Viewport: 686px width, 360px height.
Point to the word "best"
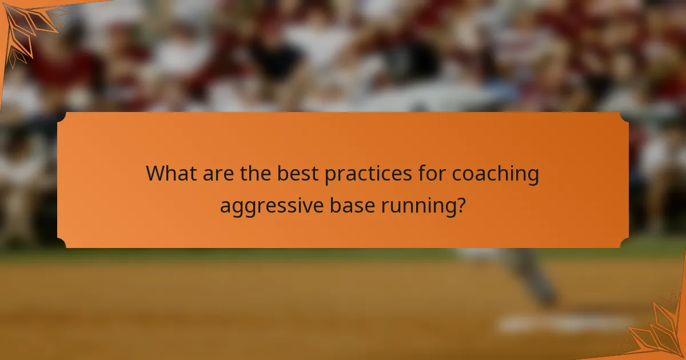pos(298,174)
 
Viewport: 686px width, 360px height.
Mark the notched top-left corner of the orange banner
pos(62,117)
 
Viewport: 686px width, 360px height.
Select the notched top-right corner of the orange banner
pos(624,117)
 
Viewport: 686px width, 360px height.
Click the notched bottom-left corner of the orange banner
pos(62,243)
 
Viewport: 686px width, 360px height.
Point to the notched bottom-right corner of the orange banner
pos(624,243)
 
